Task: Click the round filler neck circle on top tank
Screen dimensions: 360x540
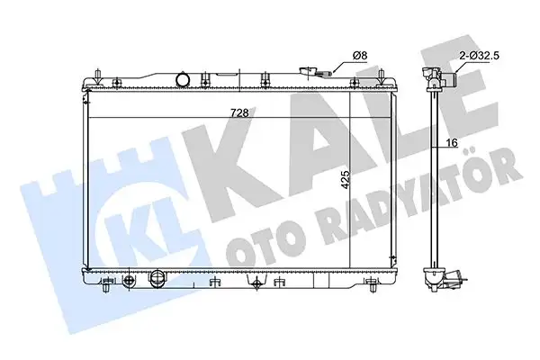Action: [x=183, y=81]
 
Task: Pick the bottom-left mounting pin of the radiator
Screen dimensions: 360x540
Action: [x=107, y=289]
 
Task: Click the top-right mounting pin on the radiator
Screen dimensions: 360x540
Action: [x=392, y=70]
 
